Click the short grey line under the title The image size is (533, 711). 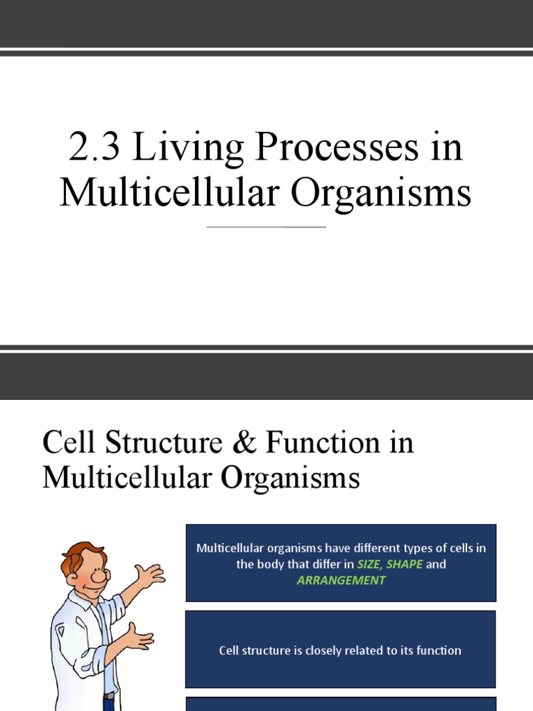coord(266,227)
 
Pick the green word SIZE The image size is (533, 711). coord(369,564)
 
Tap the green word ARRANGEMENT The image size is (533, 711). coord(341,580)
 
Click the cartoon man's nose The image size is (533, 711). coord(99,576)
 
